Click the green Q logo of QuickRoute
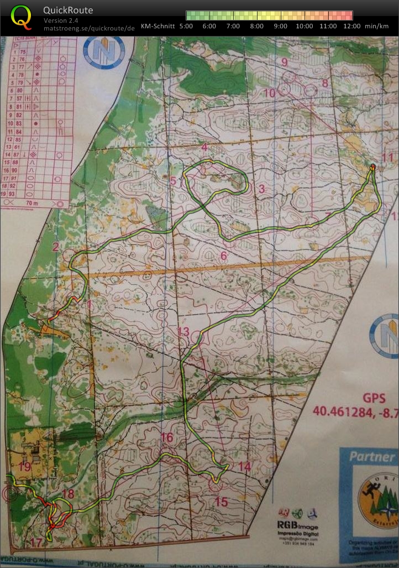[x=21, y=17]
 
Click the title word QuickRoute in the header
[x=68, y=11]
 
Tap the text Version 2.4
[x=61, y=20]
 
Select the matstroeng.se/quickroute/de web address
[x=89, y=28]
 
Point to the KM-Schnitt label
[x=158, y=26]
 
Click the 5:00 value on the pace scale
[x=187, y=26]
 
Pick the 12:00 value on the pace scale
[x=351, y=26]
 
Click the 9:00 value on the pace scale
[x=280, y=26]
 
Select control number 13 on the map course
[x=183, y=332]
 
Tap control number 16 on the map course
[x=167, y=438]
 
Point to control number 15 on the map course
[x=221, y=502]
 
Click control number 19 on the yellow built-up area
[x=24, y=466]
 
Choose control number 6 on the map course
[x=224, y=256]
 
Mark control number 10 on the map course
[x=270, y=93]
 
